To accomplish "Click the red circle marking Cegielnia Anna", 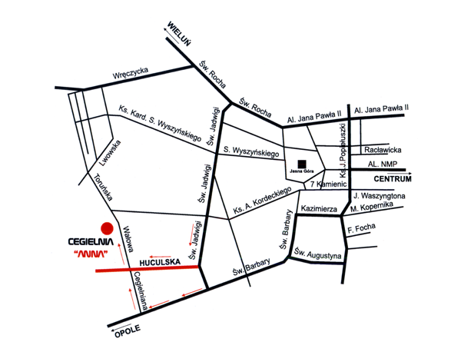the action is (x=107, y=228).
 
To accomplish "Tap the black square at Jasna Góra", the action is (x=302, y=164).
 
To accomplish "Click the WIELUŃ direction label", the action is (x=178, y=34).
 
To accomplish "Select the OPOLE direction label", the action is (x=128, y=331).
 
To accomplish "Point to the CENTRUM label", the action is (x=393, y=179).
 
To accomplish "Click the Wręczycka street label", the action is (x=131, y=73).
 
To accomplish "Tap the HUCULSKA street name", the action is (x=160, y=262).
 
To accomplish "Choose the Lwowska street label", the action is (x=110, y=153).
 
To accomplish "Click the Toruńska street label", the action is (x=103, y=188).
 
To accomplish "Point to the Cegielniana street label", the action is (x=141, y=291).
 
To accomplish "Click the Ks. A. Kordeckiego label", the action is (x=262, y=201).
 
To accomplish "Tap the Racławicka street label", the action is (x=383, y=150).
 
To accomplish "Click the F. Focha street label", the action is (x=361, y=228).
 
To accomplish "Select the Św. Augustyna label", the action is (x=317, y=254).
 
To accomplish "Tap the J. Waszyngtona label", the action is (x=379, y=196).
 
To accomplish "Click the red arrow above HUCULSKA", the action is (x=160, y=257).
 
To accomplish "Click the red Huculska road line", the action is (x=147, y=269).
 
